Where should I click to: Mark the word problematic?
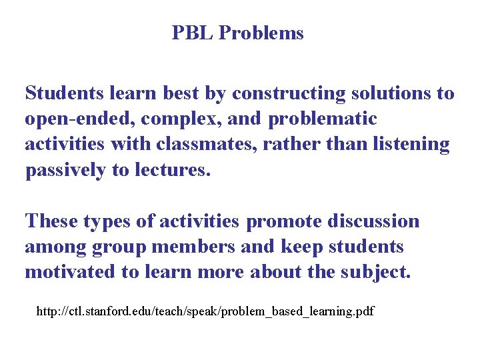(323, 119)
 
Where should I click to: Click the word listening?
(408, 145)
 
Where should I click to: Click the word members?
(194, 247)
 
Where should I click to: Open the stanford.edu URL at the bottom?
(205, 311)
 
